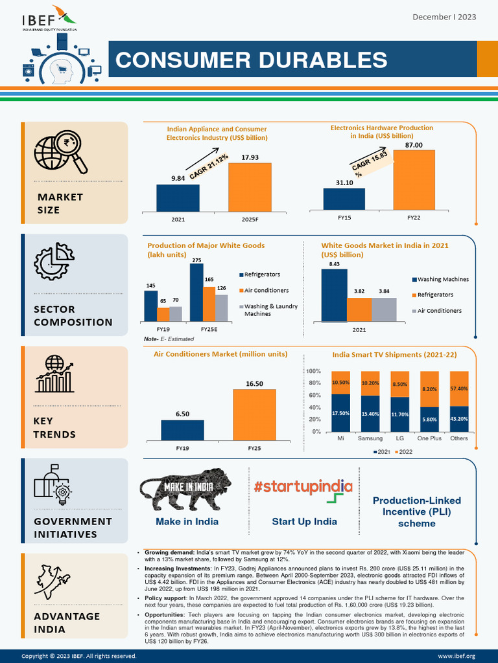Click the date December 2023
(444, 17)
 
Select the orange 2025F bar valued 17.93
(250, 186)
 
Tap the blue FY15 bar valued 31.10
(344, 199)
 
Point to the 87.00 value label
(414, 145)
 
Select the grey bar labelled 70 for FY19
(175, 314)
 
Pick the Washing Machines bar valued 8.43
(334, 295)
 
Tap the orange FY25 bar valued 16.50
(254, 414)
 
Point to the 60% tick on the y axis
(313, 395)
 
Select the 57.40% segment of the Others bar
(458, 388)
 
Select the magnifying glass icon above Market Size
(61, 153)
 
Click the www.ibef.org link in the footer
(461, 656)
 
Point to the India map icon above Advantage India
(56, 581)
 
